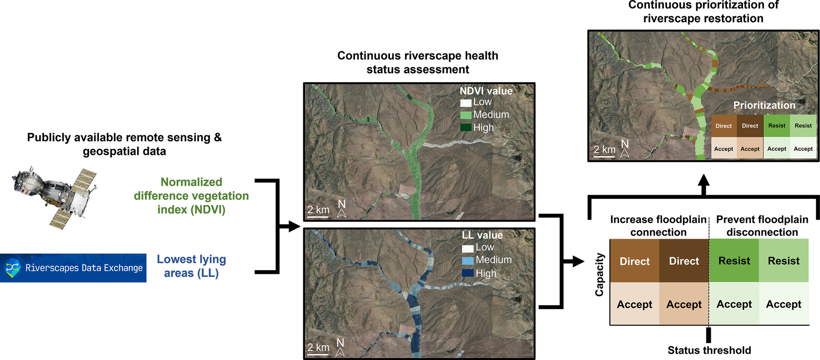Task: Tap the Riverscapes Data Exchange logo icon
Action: (13, 268)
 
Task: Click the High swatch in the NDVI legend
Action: (465, 128)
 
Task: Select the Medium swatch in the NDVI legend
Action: (465, 115)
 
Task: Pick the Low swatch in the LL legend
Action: (467, 248)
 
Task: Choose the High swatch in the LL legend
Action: (467, 273)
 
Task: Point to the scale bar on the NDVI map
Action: (318, 217)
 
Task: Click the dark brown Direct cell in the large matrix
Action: (684, 261)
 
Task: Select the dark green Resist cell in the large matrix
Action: (734, 261)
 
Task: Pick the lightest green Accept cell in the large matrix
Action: (783, 304)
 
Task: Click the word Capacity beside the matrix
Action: (599, 274)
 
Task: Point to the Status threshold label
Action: (709, 350)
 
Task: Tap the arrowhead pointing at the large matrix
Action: (578, 261)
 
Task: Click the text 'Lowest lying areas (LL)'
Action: (191, 266)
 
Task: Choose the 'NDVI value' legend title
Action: (486, 91)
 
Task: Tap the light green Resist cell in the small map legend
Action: (803, 126)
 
